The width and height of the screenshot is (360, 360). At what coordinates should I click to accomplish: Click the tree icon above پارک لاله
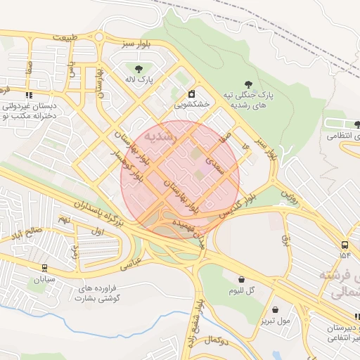pyautogui.click(x=139, y=69)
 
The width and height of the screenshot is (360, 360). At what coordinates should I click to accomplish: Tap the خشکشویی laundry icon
pyautogui.click(x=192, y=94)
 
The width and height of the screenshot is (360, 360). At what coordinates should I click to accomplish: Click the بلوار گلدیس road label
pyautogui.click(x=238, y=205)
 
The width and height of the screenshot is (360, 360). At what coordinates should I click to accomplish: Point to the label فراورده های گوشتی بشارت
pyautogui.click(x=98, y=293)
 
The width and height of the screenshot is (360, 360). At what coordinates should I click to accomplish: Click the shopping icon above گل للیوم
pyautogui.click(x=242, y=279)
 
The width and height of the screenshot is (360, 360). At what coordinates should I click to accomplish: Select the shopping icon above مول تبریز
pyautogui.click(x=275, y=309)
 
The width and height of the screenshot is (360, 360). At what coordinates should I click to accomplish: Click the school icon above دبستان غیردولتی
pyautogui.click(x=29, y=95)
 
